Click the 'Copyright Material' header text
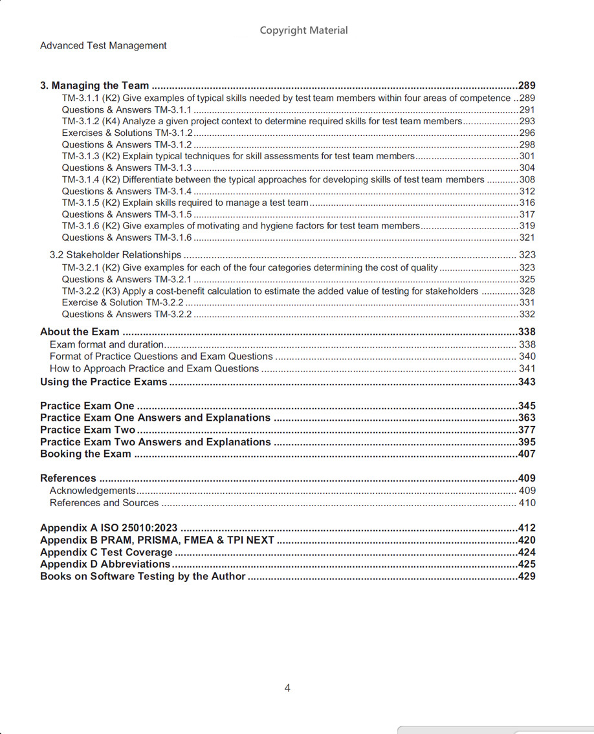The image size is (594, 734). [x=303, y=30]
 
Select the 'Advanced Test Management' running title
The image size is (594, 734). [x=103, y=46]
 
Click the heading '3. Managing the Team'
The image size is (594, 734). [x=94, y=85]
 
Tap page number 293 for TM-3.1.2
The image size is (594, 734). [x=527, y=121]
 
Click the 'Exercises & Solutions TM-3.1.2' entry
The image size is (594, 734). [x=127, y=133]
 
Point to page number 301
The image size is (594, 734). [x=527, y=156]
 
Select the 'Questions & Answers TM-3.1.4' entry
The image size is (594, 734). [x=127, y=191]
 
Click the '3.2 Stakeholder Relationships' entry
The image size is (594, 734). [x=115, y=255]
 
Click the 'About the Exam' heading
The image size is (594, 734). [x=80, y=332]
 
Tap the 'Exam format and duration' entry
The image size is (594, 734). [x=106, y=344]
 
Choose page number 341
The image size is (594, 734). [x=527, y=369]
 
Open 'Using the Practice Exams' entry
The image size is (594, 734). [x=104, y=382]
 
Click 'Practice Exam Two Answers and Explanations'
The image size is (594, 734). [x=155, y=442]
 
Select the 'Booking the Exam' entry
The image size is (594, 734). [x=85, y=454]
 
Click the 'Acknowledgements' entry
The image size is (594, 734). [x=93, y=491]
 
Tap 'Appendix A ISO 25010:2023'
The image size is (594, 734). [x=109, y=528]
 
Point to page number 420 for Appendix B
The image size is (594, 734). [x=527, y=540]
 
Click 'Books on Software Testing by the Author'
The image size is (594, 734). [x=143, y=576]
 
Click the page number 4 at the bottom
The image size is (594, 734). [x=287, y=688]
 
